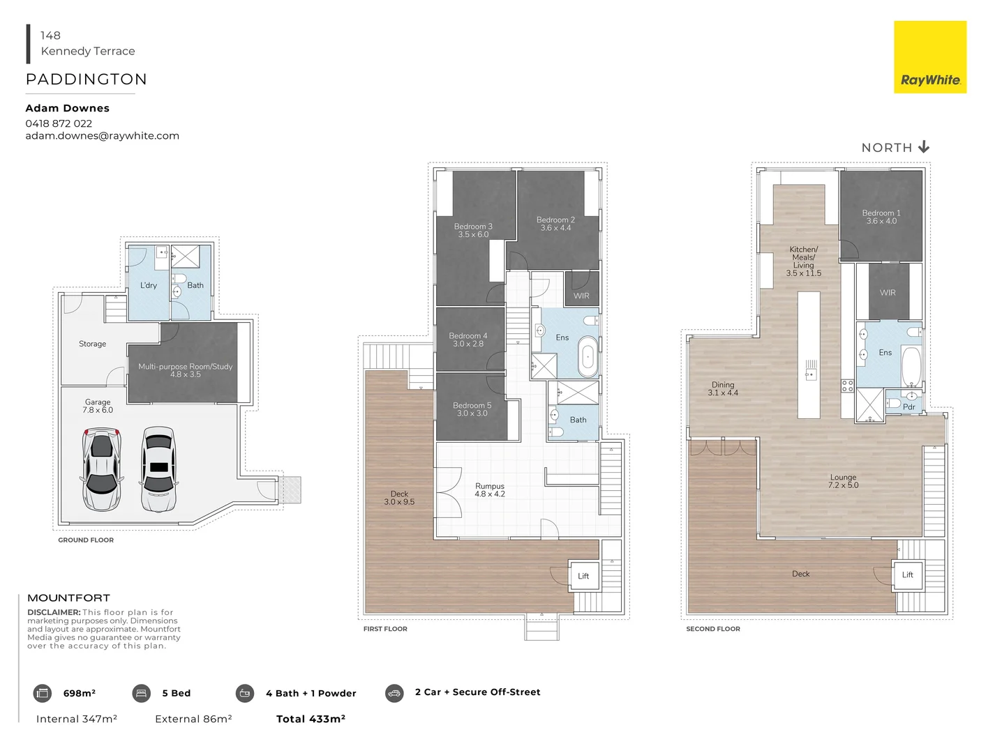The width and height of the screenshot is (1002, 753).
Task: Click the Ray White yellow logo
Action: [929, 57]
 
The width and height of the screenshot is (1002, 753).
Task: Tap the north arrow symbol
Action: [923, 147]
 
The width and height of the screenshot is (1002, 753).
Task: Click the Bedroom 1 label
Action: [881, 217]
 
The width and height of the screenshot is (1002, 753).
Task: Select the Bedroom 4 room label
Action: [468, 340]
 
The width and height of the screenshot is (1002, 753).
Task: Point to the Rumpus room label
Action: [489, 490]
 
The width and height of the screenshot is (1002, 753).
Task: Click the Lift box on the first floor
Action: [583, 576]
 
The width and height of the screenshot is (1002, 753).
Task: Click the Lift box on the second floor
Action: [907, 575]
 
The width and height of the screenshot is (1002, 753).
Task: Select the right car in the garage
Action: [158, 469]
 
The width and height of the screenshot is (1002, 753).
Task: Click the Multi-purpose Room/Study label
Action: [185, 370]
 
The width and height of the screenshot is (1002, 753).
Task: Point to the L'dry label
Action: [149, 285]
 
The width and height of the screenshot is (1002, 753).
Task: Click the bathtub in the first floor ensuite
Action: [588, 356]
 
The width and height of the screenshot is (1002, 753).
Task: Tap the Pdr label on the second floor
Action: [908, 406]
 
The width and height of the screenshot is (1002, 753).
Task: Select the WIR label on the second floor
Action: [887, 293]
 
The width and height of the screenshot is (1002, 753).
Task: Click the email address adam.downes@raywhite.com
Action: [103, 136]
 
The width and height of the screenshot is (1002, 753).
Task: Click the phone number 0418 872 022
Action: [59, 123]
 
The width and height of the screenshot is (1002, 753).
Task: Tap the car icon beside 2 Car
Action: [394, 693]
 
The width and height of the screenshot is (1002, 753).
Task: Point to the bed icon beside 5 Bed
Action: [141, 693]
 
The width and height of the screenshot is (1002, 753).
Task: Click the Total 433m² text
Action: [311, 719]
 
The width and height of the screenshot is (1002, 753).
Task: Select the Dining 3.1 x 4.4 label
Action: [722, 388]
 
